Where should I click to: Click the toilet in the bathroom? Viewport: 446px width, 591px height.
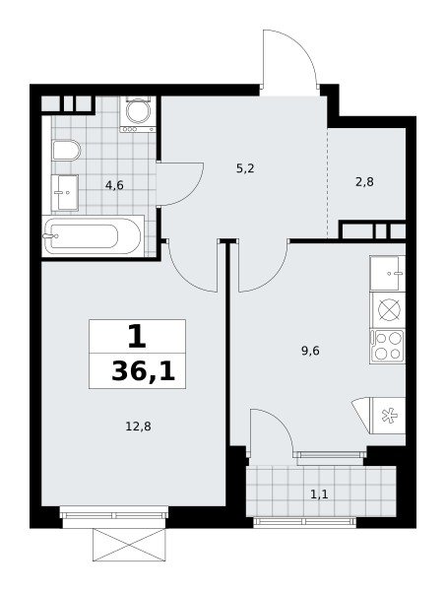coord(66,151)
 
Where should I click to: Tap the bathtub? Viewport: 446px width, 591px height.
coord(93,236)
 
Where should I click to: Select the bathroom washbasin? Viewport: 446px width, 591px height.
coord(65,193)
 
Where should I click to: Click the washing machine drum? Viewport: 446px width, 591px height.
coord(138,110)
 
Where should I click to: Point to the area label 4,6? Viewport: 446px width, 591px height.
coord(114,185)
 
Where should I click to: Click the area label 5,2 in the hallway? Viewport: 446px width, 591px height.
coord(245,168)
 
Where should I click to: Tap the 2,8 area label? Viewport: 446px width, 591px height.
coord(364,182)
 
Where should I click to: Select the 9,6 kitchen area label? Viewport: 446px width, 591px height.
coord(310,351)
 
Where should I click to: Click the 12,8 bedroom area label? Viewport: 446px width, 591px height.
coord(138,427)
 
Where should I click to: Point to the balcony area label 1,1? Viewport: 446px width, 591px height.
coord(319,493)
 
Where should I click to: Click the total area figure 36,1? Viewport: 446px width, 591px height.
coord(144,371)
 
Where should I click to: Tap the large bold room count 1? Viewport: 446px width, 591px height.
coord(137,337)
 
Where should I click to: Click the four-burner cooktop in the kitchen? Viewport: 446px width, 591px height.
coord(387,347)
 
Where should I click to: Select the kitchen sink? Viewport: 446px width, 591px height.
coord(387,273)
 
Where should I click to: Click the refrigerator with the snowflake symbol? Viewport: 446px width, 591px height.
coord(388,416)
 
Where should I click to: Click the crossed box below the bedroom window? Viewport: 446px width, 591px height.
coord(129,545)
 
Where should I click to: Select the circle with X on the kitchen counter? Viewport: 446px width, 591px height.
coord(389,310)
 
